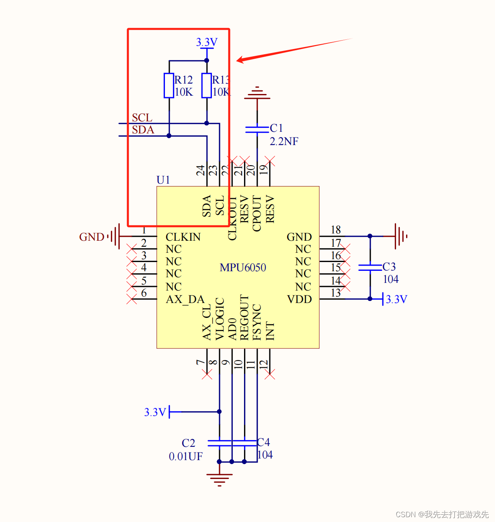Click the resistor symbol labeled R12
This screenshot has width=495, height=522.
tap(169, 86)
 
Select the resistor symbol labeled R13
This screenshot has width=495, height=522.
tap(206, 86)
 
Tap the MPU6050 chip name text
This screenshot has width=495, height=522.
tap(242, 267)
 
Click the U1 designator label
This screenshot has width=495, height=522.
tap(163, 180)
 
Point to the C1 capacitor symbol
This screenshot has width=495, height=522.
tap(257, 129)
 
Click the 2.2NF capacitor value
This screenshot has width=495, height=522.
tap(284, 141)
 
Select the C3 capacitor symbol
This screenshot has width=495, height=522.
tap(370, 267)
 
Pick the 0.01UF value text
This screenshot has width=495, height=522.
tap(185, 456)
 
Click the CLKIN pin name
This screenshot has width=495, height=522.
tap(183, 237)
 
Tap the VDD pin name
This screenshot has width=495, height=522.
tap(300, 299)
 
